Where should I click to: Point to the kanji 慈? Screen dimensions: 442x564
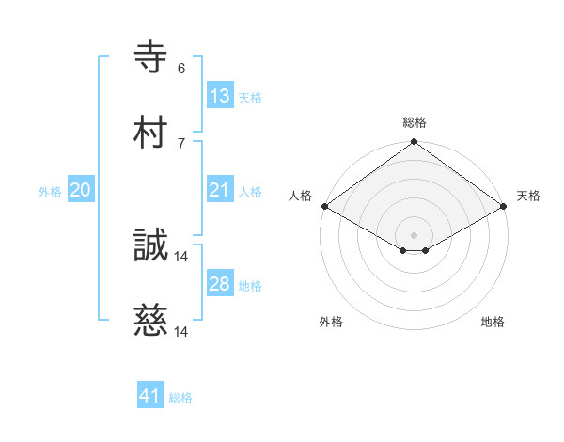coord(150,322)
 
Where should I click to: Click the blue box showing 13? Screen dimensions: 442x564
coord(220,95)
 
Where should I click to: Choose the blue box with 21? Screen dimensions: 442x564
coord(220,190)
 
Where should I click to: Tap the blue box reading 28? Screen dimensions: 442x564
coord(220,284)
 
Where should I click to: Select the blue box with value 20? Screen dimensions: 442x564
coord(81,190)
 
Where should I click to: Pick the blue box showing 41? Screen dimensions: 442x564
coord(150,396)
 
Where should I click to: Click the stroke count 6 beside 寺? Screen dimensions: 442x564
coord(181,69)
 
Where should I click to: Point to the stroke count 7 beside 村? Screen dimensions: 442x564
coord(181,143)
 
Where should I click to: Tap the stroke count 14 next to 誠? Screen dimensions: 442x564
coord(181,256)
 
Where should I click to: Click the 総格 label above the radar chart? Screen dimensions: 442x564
coord(415,122)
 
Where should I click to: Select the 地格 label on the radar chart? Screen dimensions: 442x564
coord(493,322)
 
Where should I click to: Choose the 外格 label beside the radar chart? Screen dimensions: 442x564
coord(331,322)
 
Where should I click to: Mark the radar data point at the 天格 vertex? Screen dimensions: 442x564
coord(505,206)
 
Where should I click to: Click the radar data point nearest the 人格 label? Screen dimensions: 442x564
coord(323,206)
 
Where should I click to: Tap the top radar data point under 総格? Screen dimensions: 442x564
coord(414,143)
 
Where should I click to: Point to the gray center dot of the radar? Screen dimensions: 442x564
coord(414,233)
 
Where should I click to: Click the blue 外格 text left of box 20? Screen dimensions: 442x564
coord(50,191)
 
